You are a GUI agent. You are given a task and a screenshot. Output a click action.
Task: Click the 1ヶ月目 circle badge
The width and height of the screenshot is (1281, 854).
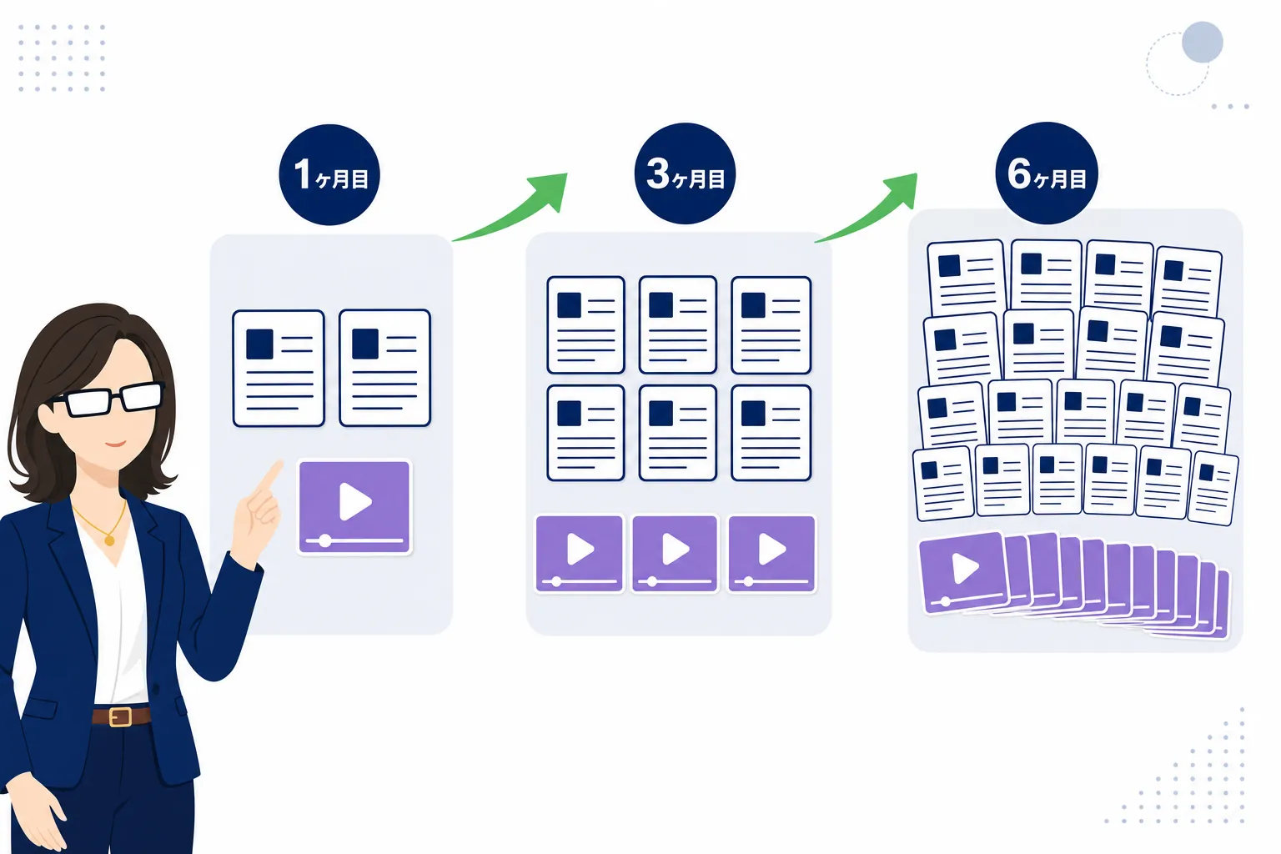(x=329, y=174)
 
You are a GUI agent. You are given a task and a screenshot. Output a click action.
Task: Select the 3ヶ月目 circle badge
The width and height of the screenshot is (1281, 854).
(x=685, y=173)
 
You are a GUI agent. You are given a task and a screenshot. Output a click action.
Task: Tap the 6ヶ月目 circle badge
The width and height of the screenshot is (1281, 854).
(x=1047, y=173)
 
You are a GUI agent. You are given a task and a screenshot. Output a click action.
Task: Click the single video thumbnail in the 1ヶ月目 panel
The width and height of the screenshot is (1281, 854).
(x=354, y=507)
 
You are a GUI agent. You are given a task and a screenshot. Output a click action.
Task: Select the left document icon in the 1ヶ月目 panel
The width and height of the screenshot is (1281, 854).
(x=279, y=368)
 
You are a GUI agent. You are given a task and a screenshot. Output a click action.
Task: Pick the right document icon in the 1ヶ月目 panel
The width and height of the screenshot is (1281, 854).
(x=384, y=367)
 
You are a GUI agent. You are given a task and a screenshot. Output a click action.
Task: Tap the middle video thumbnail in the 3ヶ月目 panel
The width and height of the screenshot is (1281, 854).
(x=675, y=553)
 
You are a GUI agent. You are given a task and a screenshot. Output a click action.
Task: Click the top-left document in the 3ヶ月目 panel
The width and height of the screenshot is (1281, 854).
(x=585, y=324)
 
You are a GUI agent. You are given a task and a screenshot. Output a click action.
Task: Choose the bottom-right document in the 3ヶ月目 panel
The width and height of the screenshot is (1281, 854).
(x=771, y=433)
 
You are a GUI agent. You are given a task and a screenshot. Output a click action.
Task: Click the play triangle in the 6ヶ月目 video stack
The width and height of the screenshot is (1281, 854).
(x=965, y=568)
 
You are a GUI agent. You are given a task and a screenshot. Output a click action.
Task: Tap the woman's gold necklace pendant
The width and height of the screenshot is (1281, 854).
(x=109, y=540)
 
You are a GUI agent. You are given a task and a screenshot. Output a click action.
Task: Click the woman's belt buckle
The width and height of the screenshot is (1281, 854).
(x=120, y=716)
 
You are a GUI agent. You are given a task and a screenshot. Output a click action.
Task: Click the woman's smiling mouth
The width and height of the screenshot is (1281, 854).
(x=115, y=444)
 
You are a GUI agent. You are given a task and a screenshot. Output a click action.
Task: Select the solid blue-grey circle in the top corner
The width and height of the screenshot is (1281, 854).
(x=1202, y=42)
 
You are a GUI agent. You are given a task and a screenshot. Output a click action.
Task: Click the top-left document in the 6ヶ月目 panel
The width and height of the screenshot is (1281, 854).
(x=967, y=279)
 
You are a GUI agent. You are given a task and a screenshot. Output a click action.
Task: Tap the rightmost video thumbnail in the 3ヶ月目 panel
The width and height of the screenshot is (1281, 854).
(x=771, y=553)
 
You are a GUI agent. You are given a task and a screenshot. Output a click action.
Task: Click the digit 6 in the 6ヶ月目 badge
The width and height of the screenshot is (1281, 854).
(x=1018, y=173)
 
